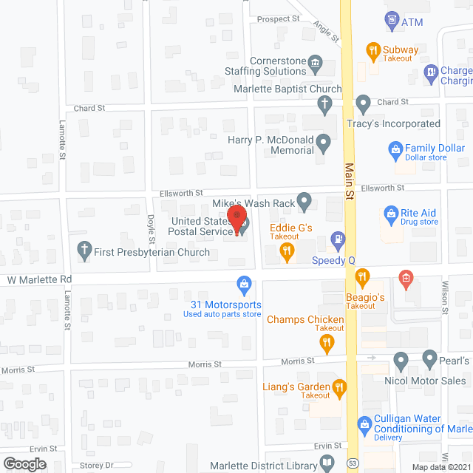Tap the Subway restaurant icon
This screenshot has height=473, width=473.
click(374, 51)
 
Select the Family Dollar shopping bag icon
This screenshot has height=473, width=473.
click(395, 152)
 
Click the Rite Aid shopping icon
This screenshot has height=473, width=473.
click(391, 215)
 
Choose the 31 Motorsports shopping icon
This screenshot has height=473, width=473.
click(243, 284)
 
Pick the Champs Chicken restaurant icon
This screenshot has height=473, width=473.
click(326, 341)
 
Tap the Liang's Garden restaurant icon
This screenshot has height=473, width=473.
click(339, 387)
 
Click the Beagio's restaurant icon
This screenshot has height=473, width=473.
click(361, 278)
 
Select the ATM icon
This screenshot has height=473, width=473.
click(392, 19)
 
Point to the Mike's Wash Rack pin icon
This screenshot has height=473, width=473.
click(304, 202)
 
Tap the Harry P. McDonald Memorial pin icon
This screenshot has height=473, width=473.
click(323, 140)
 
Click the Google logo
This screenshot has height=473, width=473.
click(24, 463)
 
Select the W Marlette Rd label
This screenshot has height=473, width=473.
click(40, 280)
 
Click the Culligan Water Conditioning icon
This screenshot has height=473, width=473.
click(364, 424)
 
